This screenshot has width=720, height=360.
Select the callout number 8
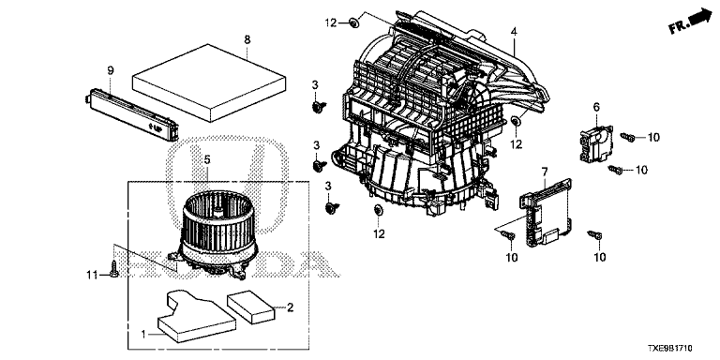tap(247, 39)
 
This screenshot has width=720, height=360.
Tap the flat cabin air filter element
tap(209, 82)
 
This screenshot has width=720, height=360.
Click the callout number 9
tap(111, 70)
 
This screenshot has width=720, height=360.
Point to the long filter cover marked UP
tap(131, 112)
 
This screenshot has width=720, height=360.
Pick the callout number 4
tap(514, 32)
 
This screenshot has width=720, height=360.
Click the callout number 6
tap(596, 107)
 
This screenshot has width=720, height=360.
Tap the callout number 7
tap(545, 172)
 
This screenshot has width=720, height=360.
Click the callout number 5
tap(207, 159)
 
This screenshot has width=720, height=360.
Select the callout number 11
tap(92, 275)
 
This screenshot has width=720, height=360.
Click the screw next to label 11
tap(113, 269)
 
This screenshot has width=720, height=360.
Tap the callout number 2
tap(291, 307)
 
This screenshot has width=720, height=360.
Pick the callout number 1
tap(143, 335)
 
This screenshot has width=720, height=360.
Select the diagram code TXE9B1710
tap(670, 349)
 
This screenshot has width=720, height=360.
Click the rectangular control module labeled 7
tap(547, 210)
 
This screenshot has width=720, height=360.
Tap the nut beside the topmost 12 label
tap(353, 22)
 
